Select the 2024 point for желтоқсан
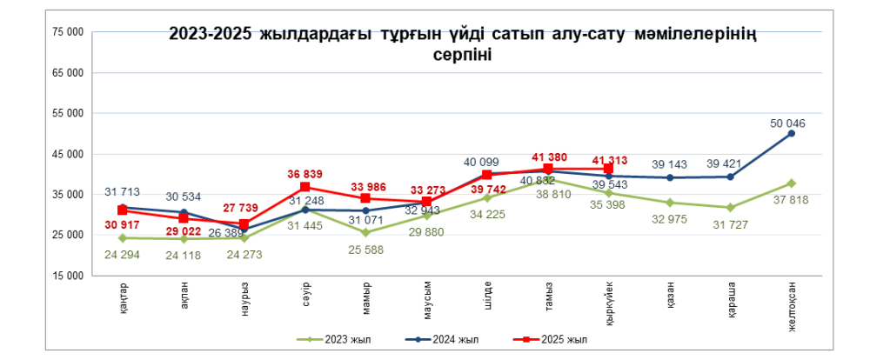(791, 133)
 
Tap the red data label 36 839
(304, 173)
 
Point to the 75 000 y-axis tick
(68, 32)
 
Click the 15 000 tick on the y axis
(68, 275)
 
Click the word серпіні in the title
(462, 55)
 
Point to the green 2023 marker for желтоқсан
(791, 183)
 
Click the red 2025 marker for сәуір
(304, 187)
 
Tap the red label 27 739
(244, 210)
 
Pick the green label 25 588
(365, 250)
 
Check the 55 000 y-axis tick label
(68, 113)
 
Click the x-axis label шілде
(487, 296)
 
